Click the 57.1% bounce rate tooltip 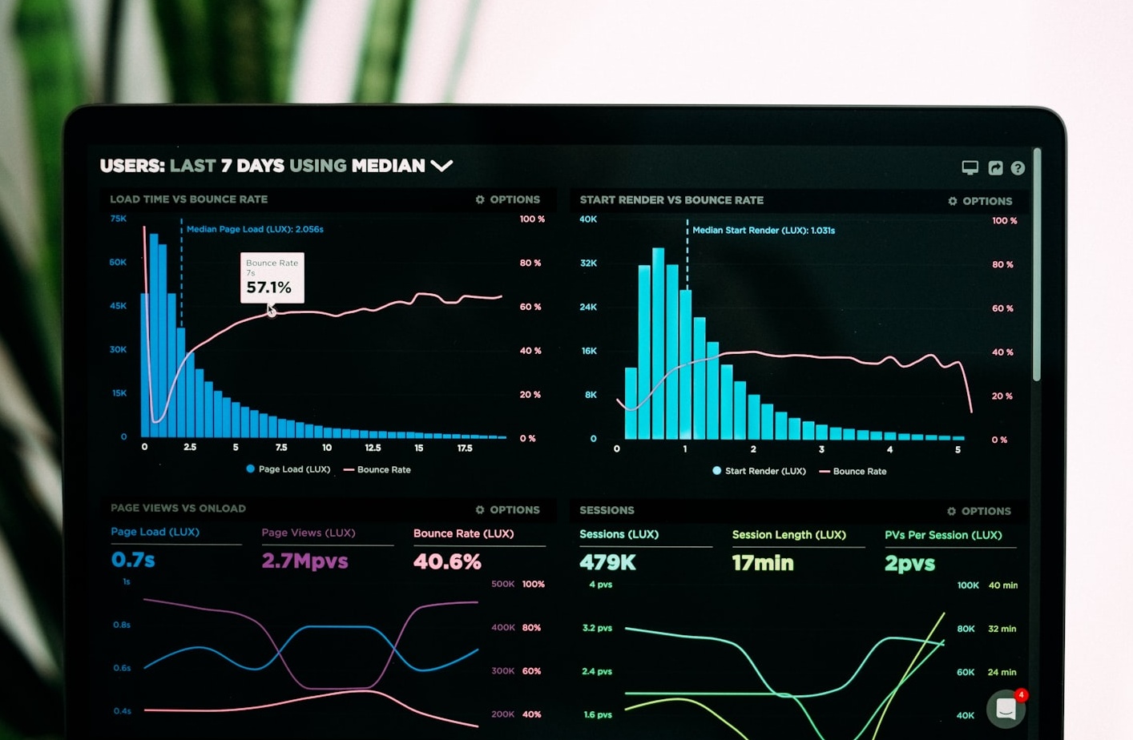pyautogui.click(x=272, y=278)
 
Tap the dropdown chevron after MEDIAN pyautogui.click(x=442, y=166)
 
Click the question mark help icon pyautogui.click(x=1018, y=168)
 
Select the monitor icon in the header pyautogui.click(x=970, y=167)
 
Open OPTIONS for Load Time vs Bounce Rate pyautogui.click(x=507, y=199)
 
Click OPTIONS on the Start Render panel pyautogui.click(x=980, y=201)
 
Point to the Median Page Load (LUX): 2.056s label pyautogui.click(x=255, y=229)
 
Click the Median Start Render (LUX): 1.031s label pyautogui.click(x=763, y=231)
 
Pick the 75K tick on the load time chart pyautogui.click(x=118, y=219)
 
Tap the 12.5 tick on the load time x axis pyautogui.click(x=373, y=448)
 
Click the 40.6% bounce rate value pyautogui.click(x=447, y=561)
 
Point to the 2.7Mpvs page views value pyautogui.click(x=304, y=561)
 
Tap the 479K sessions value pyautogui.click(x=607, y=563)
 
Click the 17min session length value pyautogui.click(x=762, y=563)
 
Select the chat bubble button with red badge pyautogui.click(x=1006, y=708)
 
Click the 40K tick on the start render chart pyautogui.click(x=588, y=219)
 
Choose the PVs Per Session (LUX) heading pyautogui.click(x=942, y=535)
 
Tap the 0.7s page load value pyautogui.click(x=133, y=560)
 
